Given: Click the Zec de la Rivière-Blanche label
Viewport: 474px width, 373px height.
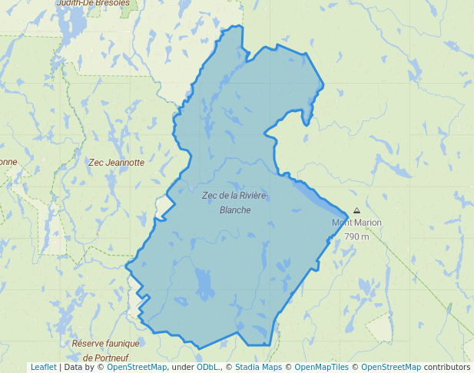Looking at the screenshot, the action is pos(234,203).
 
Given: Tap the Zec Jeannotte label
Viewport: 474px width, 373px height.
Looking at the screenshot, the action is pos(116,163).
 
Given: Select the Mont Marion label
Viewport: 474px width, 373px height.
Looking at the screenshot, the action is pos(356,223).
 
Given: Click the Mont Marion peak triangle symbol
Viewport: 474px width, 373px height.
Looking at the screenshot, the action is pos(356,211).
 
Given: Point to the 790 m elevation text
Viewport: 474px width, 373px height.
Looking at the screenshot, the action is pos(356,236).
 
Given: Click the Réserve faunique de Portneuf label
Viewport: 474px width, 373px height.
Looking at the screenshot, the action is pos(105,351).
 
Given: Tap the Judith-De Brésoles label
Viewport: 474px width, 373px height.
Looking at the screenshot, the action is pos(93,3).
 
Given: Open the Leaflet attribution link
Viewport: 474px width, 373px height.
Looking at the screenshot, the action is pos(43,368).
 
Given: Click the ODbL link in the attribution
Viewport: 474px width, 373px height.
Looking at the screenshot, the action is pos(207,368).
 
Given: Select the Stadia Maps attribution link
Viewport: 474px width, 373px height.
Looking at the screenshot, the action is pos(258,368).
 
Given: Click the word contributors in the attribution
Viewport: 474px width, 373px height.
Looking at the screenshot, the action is pos(447,368).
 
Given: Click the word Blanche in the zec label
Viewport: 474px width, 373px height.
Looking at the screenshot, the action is pos(235,210).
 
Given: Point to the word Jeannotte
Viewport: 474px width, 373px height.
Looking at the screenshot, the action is pos(125,163).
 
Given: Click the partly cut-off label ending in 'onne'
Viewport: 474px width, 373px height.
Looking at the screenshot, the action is pos(8,162).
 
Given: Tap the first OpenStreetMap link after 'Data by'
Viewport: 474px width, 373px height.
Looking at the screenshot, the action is pos(136,368).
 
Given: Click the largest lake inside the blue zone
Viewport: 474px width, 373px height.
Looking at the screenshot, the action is pos(204,285).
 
